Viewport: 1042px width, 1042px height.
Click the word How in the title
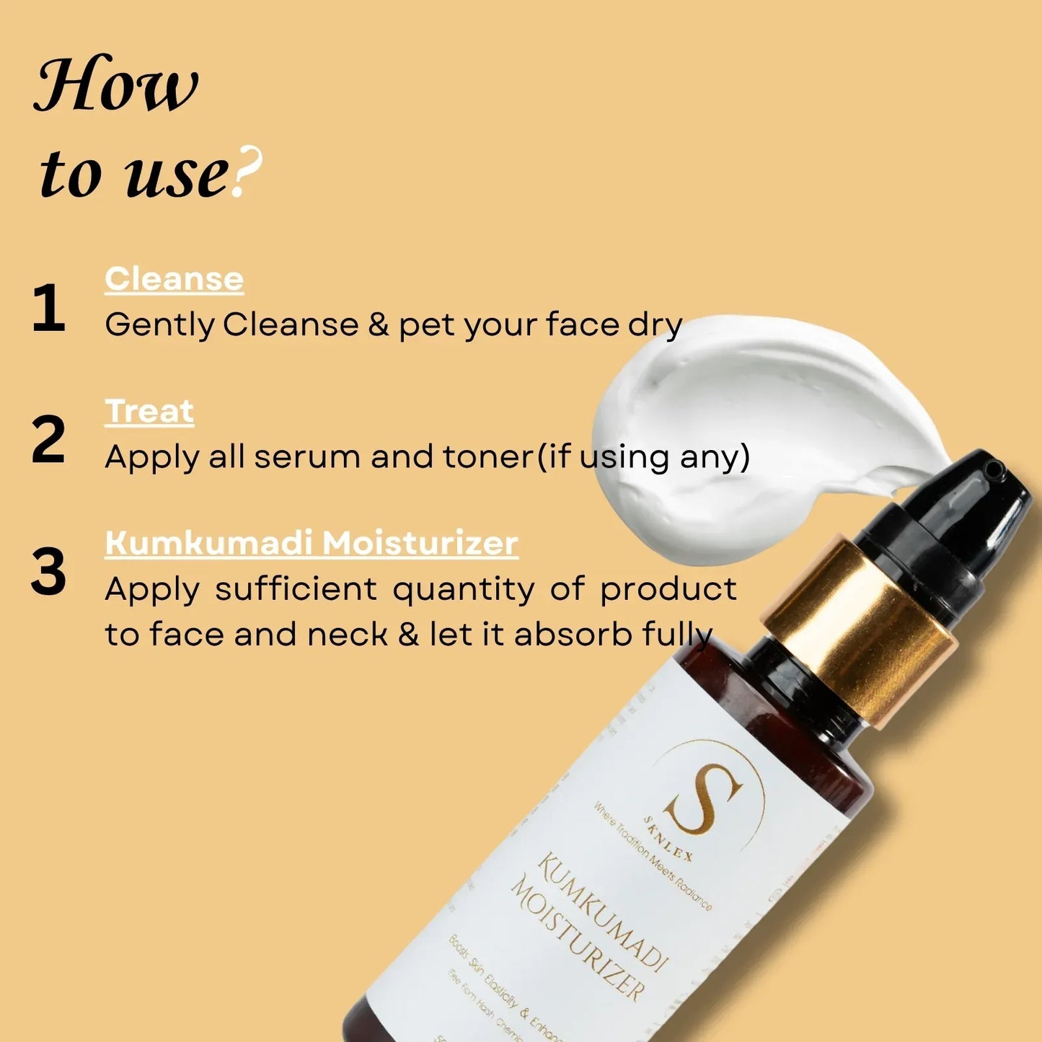[115, 85]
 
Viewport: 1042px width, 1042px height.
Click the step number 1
[49, 308]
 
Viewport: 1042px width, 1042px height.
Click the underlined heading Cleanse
[174, 279]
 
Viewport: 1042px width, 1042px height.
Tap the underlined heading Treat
[149, 412]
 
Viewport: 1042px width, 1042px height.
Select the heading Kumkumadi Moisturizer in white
[311, 543]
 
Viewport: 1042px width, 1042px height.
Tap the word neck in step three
[348, 635]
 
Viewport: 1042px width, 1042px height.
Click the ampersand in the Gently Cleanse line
[379, 324]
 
